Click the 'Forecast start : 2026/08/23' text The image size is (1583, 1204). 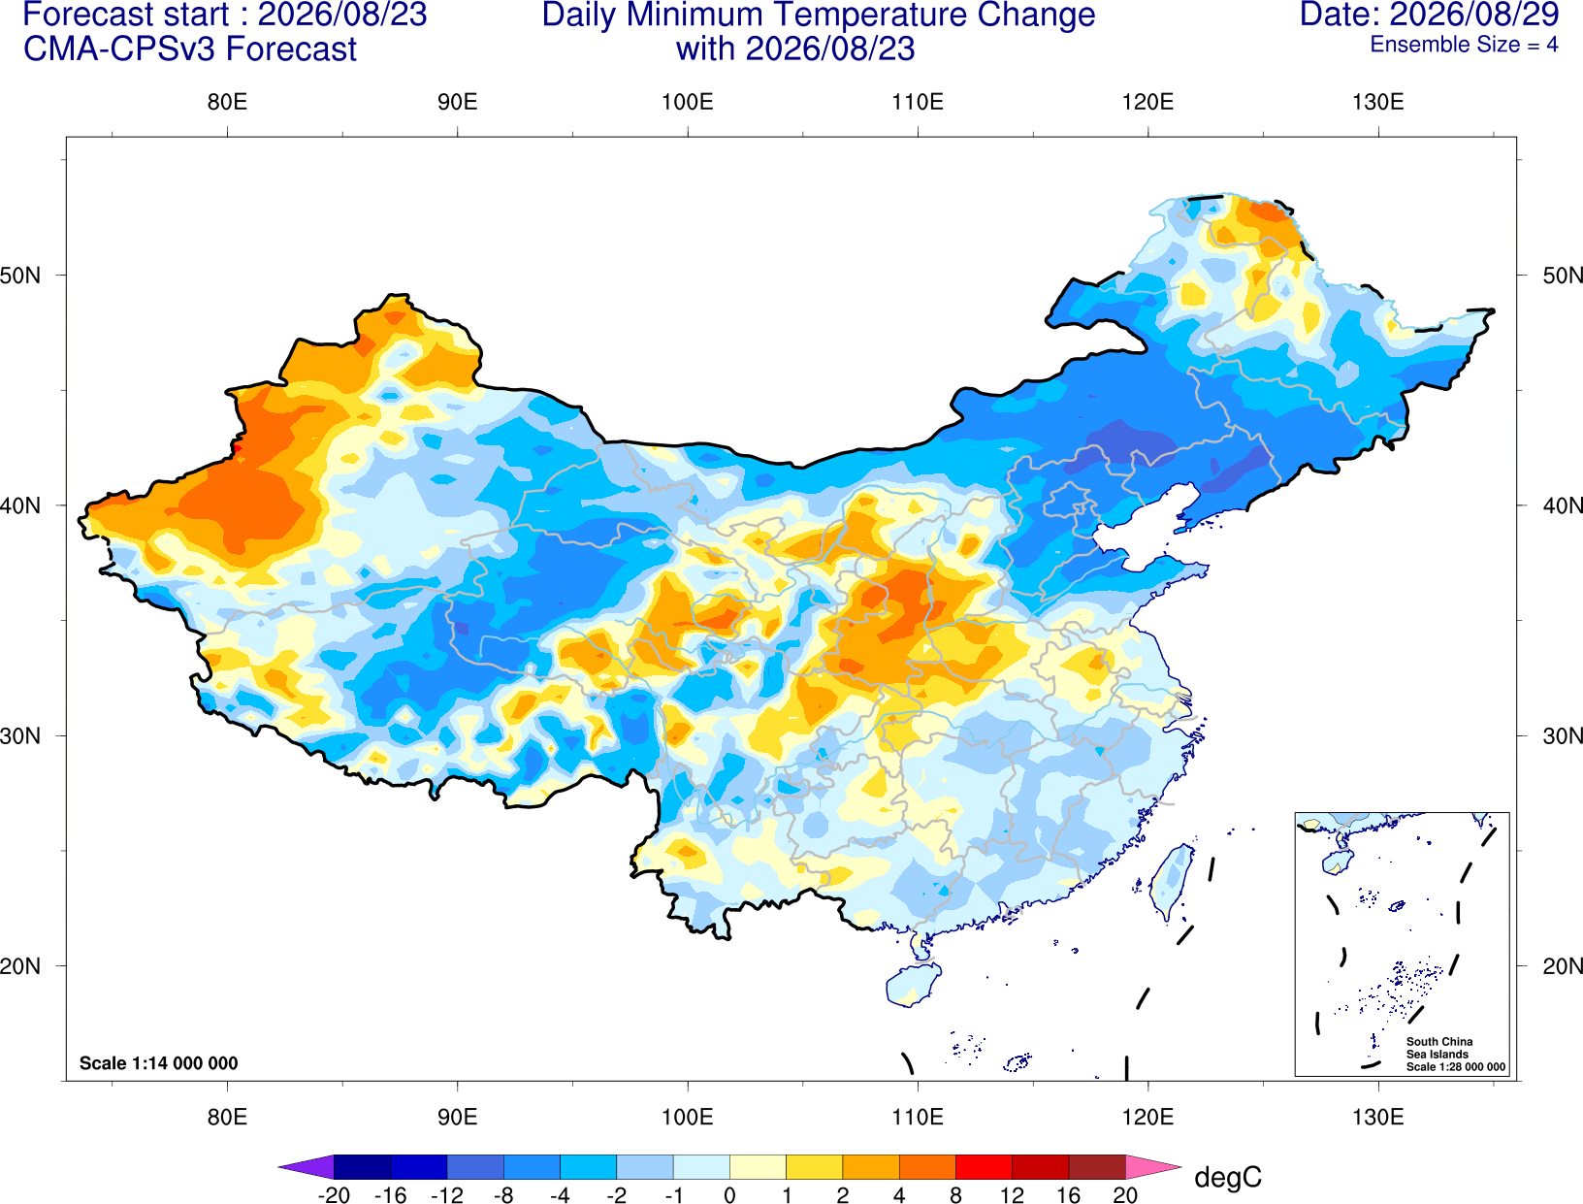coord(225,15)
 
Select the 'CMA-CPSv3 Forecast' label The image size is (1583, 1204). coord(190,49)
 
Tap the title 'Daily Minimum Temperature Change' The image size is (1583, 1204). coord(819,15)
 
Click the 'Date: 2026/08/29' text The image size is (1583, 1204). coord(1430,15)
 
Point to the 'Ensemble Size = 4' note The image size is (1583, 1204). coord(1464,45)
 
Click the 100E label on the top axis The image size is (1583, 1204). coord(688,102)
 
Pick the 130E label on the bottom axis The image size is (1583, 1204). coord(1378,1118)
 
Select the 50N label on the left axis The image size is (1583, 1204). coord(20,275)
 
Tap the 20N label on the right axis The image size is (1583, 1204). coord(1563,966)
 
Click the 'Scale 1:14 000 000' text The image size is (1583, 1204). coord(159,1063)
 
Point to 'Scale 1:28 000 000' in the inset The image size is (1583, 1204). coord(1456,1067)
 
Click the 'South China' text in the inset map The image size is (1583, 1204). coord(1439,1042)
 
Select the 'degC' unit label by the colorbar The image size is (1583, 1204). coord(1228,1178)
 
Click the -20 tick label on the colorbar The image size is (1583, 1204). coord(334,1196)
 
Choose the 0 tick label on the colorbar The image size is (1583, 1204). coord(729,1196)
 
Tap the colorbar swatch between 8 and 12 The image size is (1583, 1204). coord(984,1167)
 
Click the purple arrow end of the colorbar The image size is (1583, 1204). coord(306,1167)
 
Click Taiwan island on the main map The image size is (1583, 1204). coord(1171,882)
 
